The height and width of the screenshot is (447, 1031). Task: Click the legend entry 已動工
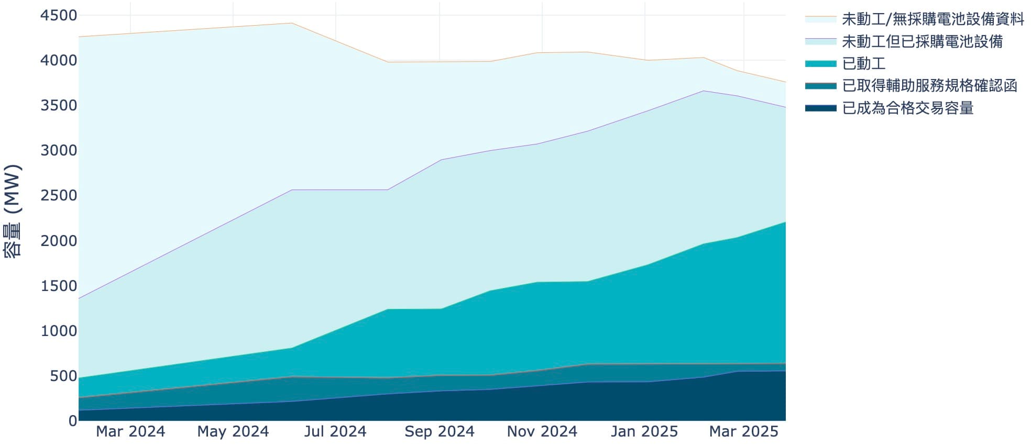863,63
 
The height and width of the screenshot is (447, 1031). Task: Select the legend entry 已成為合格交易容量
907,108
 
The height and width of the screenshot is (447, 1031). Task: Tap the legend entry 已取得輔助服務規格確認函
929,85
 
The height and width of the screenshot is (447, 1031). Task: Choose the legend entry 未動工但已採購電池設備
922,41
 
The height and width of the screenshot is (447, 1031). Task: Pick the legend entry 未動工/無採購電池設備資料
933,19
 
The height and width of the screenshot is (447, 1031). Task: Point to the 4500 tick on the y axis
59,16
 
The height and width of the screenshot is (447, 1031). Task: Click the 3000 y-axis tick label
59,151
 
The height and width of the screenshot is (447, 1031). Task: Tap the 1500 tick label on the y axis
59,286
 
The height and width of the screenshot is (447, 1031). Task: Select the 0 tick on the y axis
73,421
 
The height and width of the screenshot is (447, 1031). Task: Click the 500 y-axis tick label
63,376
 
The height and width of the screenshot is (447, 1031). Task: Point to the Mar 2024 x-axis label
130,431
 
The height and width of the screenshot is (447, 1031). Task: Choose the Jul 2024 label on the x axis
335,431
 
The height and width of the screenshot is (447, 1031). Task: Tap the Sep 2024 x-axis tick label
440,431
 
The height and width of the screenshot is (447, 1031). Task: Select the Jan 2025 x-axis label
644,431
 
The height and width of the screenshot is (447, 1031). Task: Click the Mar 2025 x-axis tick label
744,431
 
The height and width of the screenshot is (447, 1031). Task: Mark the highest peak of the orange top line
292,23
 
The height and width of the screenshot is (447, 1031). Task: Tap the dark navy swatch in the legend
820,108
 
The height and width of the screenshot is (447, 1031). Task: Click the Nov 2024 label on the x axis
542,431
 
